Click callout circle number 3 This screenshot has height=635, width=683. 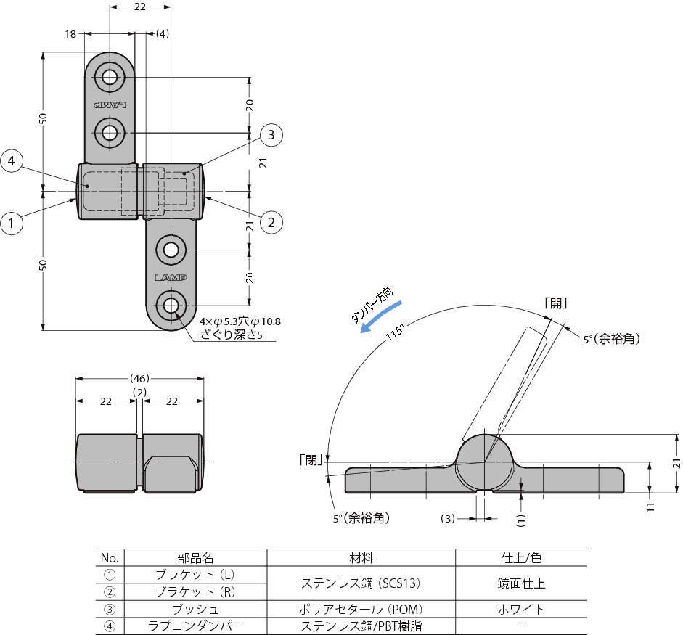270,134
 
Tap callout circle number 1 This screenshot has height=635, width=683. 12,224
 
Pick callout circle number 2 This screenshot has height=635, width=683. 271,222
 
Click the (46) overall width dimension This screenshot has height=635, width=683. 139,378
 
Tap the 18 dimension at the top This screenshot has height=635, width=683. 70,34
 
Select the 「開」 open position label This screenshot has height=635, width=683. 556,304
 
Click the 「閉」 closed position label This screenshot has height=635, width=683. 311,459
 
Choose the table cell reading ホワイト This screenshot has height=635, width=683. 520,608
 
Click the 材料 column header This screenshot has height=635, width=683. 361,557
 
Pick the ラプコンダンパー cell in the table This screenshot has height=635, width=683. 196,626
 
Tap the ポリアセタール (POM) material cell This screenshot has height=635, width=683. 361,608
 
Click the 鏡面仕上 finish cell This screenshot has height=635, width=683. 520,583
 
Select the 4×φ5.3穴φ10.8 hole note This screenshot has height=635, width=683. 240,321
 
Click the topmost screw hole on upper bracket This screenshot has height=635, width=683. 110,77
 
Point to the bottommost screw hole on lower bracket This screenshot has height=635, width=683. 171,306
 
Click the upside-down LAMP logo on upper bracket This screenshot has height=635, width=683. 110,105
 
